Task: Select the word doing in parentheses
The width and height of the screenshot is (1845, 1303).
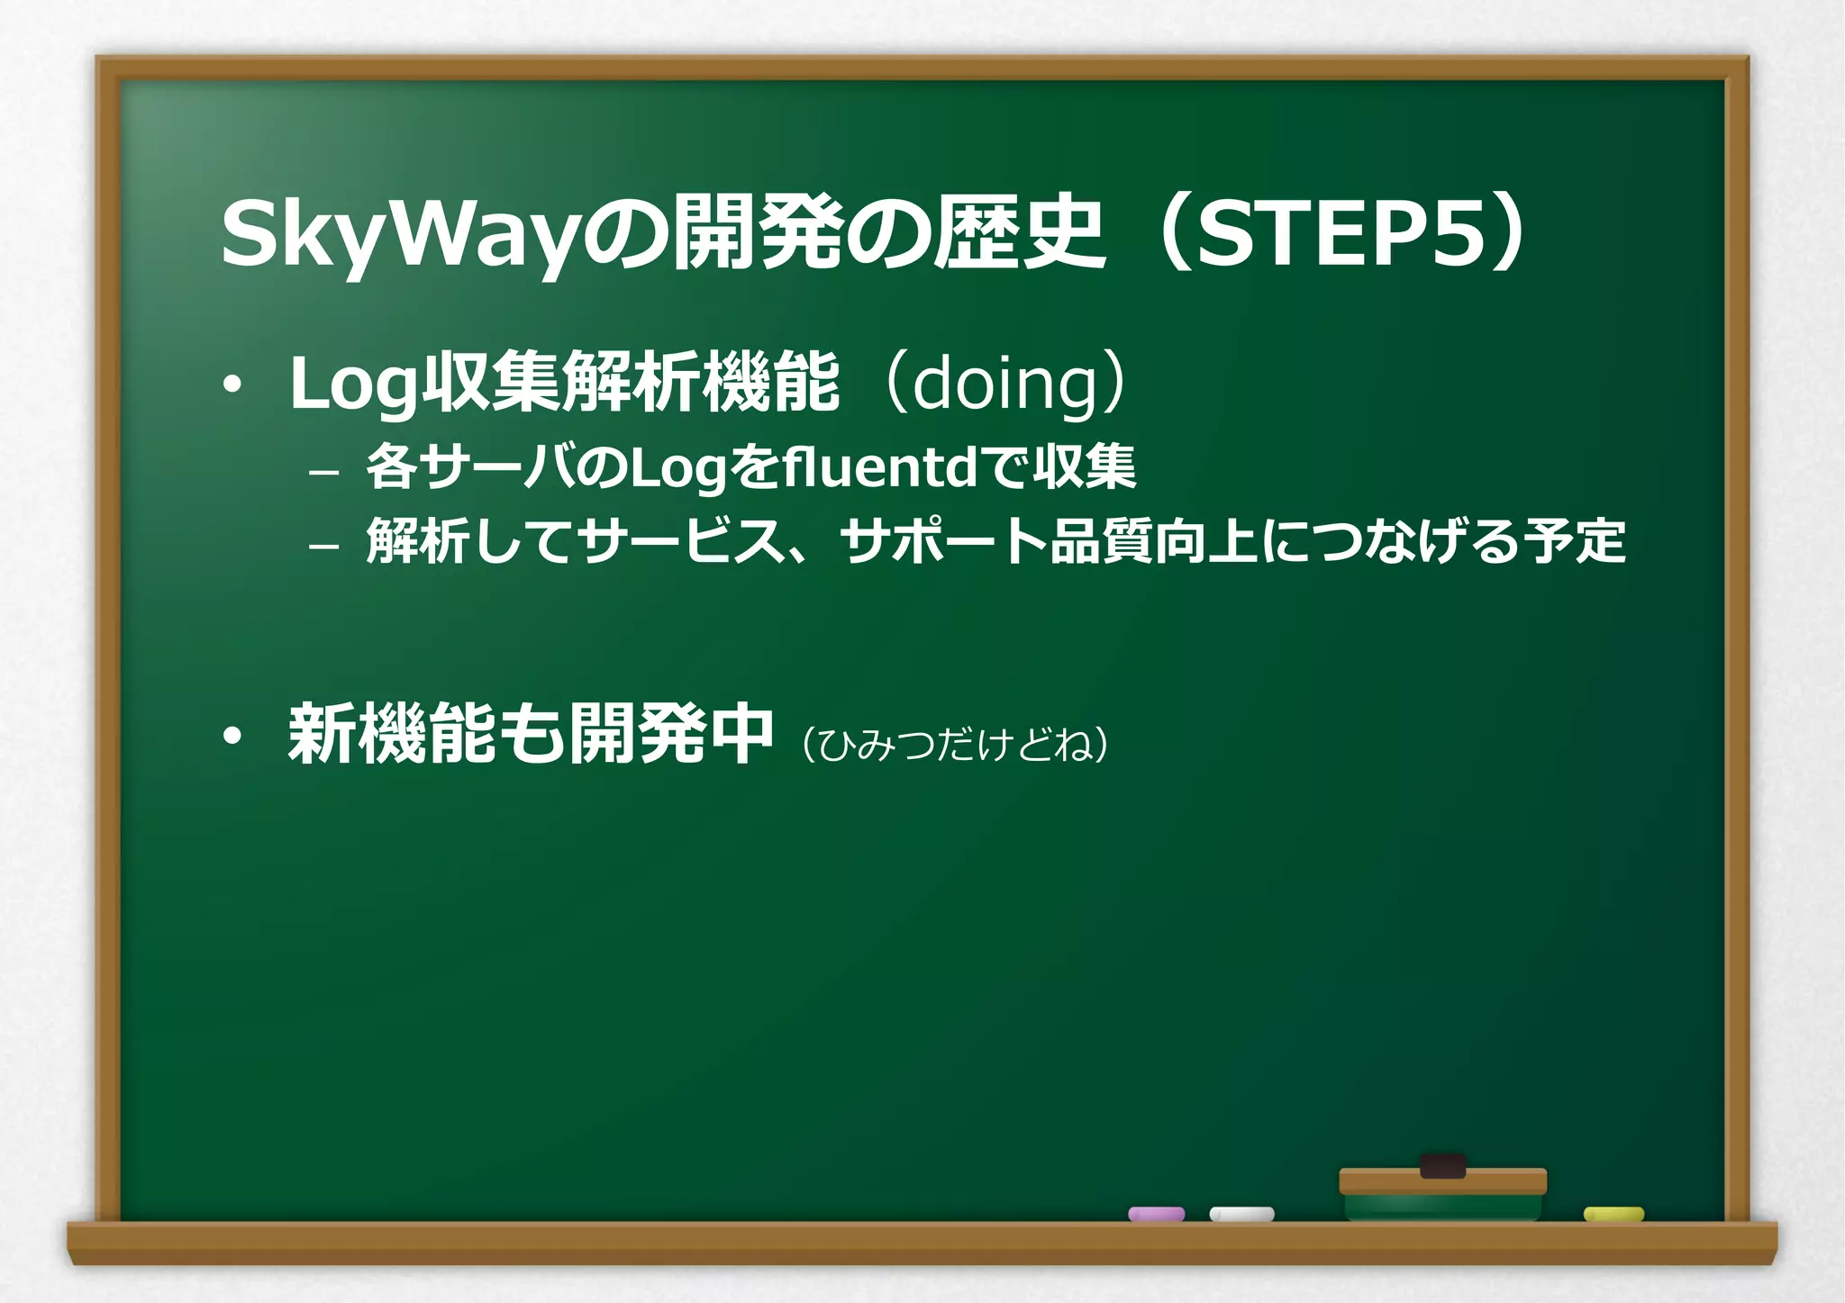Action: coord(1005,384)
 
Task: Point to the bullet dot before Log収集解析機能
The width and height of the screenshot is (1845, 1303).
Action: coord(233,385)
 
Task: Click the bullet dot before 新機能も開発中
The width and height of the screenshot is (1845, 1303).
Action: coord(233,737)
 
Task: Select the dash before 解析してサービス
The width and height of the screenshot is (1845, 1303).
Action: coord(323,546)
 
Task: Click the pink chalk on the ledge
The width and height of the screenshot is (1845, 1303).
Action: coord(1156,1214)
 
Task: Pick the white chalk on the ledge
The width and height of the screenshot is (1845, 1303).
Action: coord(1241,1214)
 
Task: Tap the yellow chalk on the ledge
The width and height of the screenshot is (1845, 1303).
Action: coord(1613,1214)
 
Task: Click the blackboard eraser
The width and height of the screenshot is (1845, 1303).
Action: coord(1442,1194)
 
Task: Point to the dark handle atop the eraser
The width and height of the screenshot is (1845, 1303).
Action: coord(1442,1166)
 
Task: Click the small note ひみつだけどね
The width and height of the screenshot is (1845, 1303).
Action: coord(955,745)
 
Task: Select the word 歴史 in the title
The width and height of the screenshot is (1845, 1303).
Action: coord(1018,234)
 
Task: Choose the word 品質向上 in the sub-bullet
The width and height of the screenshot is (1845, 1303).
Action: coord(1154,542)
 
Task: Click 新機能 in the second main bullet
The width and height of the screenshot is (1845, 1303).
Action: coord(391,735)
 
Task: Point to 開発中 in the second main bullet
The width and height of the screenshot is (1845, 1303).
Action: coord(671,735)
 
